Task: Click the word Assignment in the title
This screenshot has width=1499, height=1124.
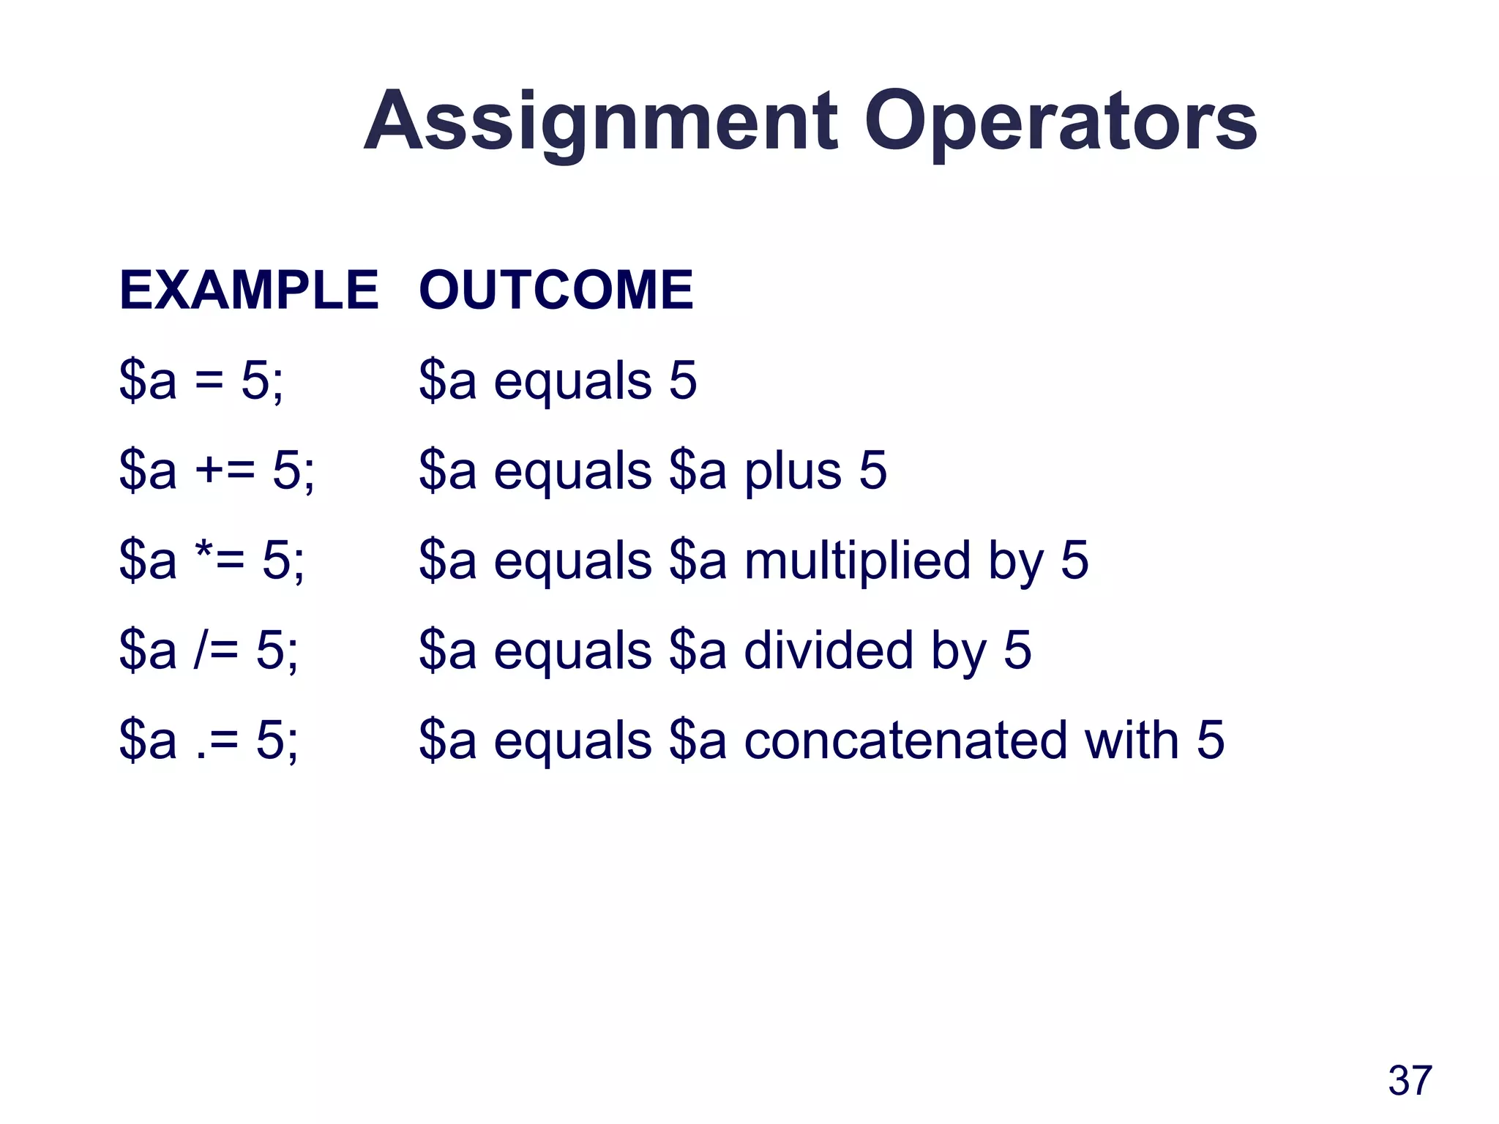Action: (x=600, y=122)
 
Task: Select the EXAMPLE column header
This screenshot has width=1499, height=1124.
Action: (x=249, y=291)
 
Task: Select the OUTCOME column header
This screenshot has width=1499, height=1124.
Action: (x=556, y=291)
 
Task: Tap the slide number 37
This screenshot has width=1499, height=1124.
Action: (x=1410, y=1080)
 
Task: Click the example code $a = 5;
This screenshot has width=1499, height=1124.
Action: (x=201, y=381)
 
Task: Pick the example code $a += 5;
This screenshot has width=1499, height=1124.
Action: (x=217, y=471)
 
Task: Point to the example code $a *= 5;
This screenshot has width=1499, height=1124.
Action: (x=212, y=561)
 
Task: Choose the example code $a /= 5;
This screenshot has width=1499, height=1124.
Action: (x=209, y=651)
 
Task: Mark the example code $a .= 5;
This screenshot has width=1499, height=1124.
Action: (x=209, y=741)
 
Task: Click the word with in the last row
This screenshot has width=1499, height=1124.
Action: (x=1132, y=741)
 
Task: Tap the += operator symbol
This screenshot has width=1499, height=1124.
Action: (x=225, y=471)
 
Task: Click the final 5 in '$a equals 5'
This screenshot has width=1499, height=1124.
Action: (x=682, y=381)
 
